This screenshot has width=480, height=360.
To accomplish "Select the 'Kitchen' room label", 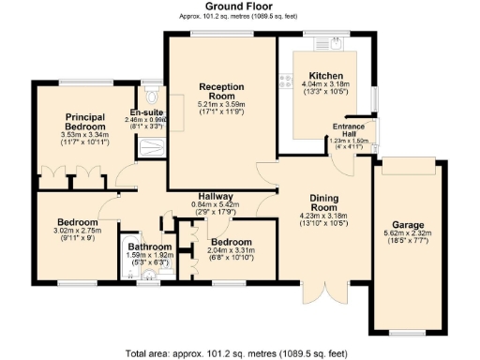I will [x=325, y=76].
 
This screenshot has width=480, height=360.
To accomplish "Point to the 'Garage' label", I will [x=405, y=225].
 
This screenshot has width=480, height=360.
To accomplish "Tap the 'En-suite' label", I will [x=146, y=112].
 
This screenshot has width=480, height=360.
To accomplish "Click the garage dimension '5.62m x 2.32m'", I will [x=405, y=235].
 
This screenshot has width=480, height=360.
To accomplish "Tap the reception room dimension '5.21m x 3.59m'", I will [x=220, y=103].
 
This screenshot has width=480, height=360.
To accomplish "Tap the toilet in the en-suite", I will [x=152, y=97].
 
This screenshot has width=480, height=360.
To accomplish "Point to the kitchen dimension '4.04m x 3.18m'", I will [x=325, y=85].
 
